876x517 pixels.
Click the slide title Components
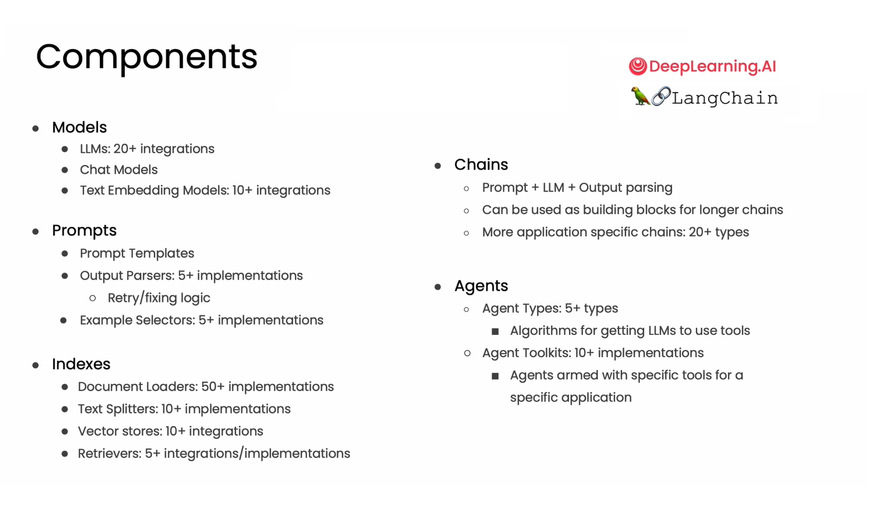tap(147, 57)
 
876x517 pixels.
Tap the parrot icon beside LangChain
tap(640, 96)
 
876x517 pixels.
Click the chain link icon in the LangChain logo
tap(660, 96)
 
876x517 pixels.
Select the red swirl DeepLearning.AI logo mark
tap(637, 66)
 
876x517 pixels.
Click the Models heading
tap(79, 128)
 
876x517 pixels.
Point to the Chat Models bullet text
tap(119, 169)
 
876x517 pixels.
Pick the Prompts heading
tap(84, 231)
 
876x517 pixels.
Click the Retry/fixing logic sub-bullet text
tap(159, 298)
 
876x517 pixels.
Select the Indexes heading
tap(81, 364)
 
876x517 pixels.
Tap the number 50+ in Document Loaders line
tap(212, 387)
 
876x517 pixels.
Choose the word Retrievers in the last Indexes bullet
tap(109, 453)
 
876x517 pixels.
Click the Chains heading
tap(481, 165)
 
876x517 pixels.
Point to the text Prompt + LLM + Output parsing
tap(577, 188)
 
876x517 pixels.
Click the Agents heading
tap(481, 286)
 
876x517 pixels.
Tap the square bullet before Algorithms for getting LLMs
tap(495, 331)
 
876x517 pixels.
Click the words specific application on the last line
tap(571, 398)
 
